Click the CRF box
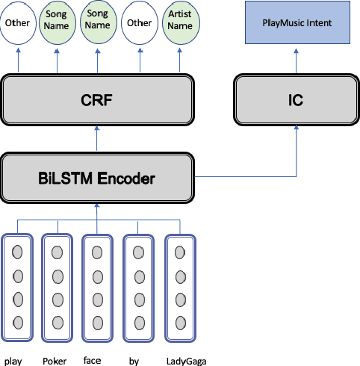pyautogui.click(x=97, y=99)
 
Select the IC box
pyautogui.click(x=297, y=99)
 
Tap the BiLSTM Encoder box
pyautogui.click(x=97, y=178)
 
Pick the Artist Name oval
pyautogui.click(x=180, y=24)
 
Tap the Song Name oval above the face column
pyautogui.click(x=98, y=24)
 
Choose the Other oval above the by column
pyautogui.click(x=139, y=24)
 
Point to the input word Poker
pyautogui.click(x=55, y=362)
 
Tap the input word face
pyautogui.click(x=93, y=361)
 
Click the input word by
pyautogui.click(x=134, y=362)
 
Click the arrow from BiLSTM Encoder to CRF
pyautogui.click(x=97, y=139)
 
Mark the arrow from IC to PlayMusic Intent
pyautogui.click(x=297, y=60)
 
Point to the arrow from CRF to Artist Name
pyautogui.click(x=180, y=61)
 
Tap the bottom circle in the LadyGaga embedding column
pyautogui.click(x=180, y=323)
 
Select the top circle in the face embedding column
pyautogui.click(x=98, y=252)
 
